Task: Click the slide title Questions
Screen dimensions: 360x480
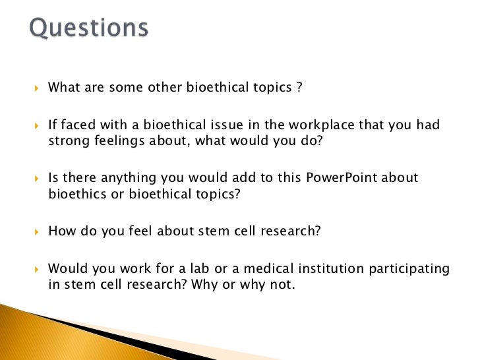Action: click(89, 29)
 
